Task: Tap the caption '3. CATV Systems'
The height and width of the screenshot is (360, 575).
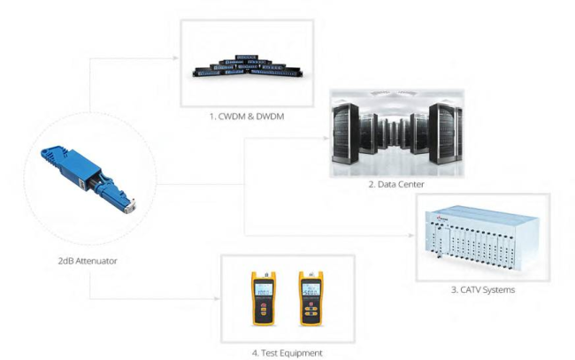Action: click(x=482, y=288)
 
